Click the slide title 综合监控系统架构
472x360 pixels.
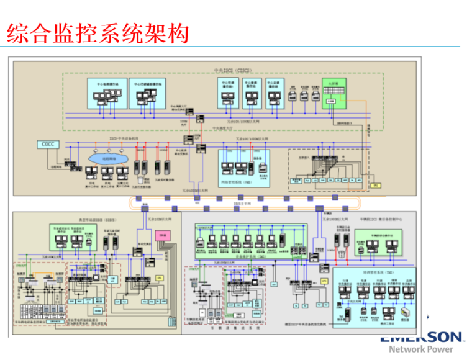click(x=98, y=34)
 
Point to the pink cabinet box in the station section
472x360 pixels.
click(x=164, y=236)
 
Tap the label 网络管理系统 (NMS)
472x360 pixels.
click(x=236, y=182)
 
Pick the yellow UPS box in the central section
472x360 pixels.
click(x=374, y=185)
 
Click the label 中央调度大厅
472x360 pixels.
click(x=222, y=129)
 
